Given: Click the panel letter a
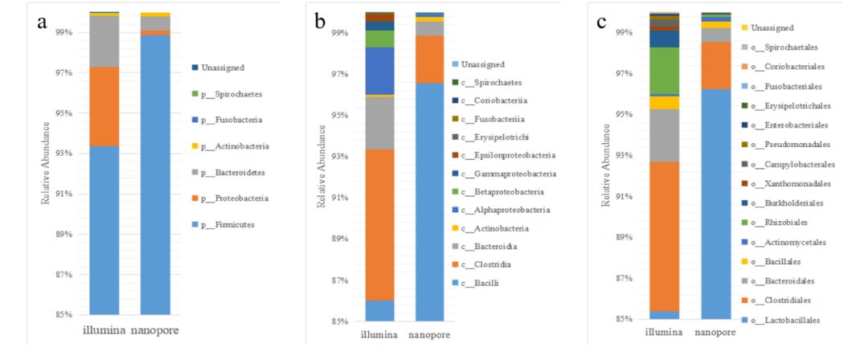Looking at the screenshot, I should [42, 21].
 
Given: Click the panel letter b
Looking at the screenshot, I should [321, 22].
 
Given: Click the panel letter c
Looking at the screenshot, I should [601, 21].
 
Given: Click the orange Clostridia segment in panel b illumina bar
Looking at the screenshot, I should [379, 224].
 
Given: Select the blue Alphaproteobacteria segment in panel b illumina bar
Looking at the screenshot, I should [379, 71].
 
